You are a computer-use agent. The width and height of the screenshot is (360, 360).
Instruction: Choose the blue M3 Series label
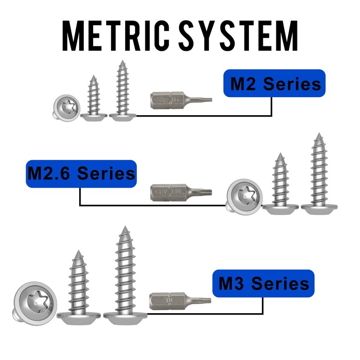pyautogui.click(x=263, y=284)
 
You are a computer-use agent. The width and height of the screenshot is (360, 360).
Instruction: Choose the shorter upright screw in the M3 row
pyautogui.click(x=78, y=286)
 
